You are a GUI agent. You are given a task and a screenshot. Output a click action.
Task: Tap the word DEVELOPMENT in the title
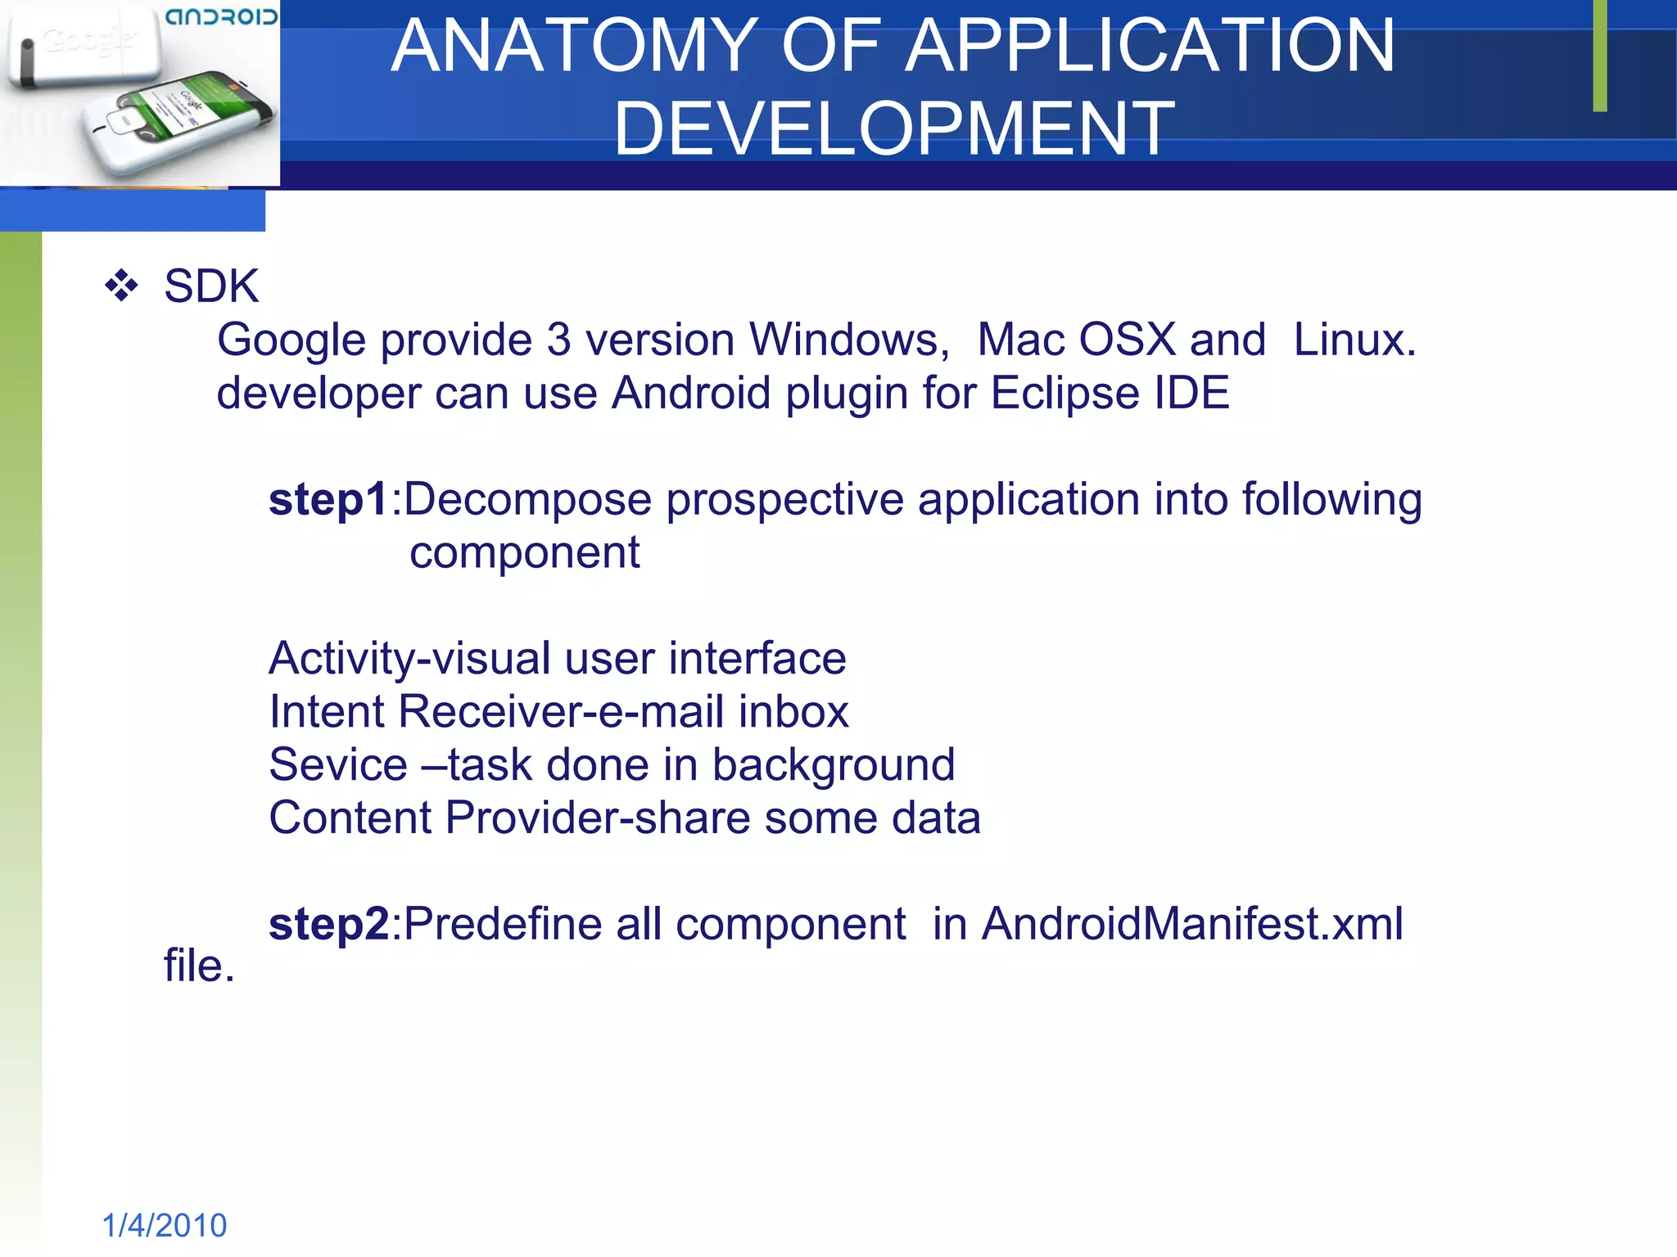click(894, 128)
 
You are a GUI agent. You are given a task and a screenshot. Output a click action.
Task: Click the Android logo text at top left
click(221, 17)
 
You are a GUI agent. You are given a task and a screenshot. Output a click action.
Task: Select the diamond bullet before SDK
click(121, 286)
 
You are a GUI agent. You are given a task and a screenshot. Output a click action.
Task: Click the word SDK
click(211, 286)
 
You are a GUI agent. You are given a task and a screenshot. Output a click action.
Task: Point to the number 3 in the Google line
click(558, 340)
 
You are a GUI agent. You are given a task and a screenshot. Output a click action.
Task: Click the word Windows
click(848, 340)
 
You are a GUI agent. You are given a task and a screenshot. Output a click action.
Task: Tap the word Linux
click(1354, 340)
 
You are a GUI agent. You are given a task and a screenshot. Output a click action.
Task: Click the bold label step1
click(328, 499)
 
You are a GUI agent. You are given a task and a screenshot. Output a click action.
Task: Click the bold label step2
click(328, 924)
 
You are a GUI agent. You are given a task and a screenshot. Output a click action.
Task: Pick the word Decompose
click(527, 499)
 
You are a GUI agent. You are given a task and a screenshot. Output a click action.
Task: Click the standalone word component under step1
click(524, 553)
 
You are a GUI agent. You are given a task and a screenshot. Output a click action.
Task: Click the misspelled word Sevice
click(338, 764)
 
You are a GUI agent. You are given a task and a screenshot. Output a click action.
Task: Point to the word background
click(833, 764)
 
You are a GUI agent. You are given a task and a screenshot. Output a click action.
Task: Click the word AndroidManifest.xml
click(1191, 924)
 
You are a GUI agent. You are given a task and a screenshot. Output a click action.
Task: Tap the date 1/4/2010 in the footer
click(165, 1225)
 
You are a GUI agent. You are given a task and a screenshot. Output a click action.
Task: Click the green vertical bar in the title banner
click(1600, 56)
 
